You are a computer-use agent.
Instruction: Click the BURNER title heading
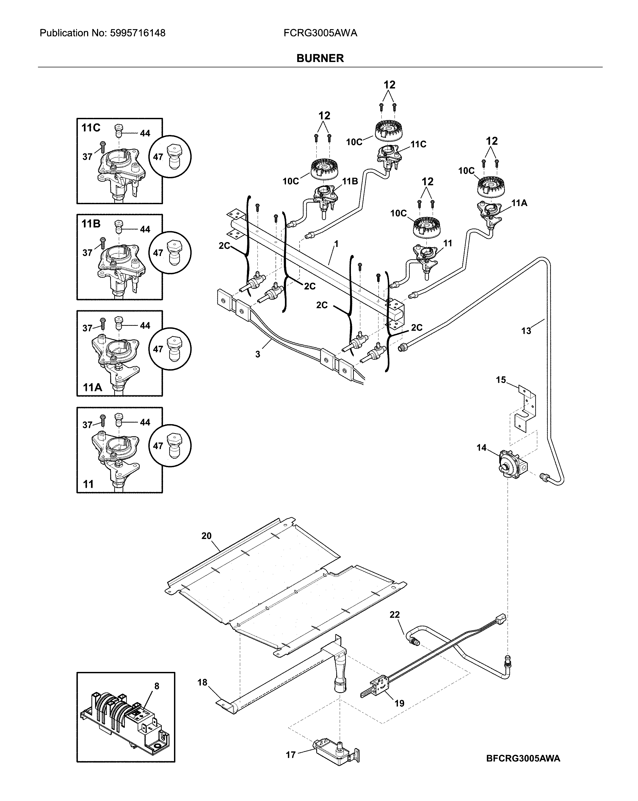coord(320,58)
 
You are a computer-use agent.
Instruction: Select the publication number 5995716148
coord(137,33)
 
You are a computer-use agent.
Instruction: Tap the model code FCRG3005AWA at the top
coord(320,33)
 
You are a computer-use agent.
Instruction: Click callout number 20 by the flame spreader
coord(206,536)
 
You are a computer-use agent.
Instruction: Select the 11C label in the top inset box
coord(91,128)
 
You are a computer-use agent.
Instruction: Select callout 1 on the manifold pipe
coord(336,244)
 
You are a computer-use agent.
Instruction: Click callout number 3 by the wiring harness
coord(257,354)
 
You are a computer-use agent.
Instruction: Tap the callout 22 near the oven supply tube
coord(394,615)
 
